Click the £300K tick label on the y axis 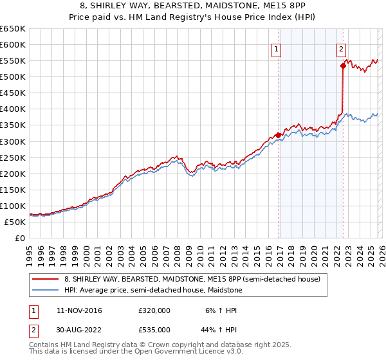click(12, 141)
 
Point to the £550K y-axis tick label click(12, 61)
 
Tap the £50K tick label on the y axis click(15, 222)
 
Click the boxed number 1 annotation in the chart click(276, 48)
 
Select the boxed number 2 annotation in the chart click(341, 48)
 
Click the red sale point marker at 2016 click(278, 135)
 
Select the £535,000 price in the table click(154, 329)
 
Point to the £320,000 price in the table click(154, 310)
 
